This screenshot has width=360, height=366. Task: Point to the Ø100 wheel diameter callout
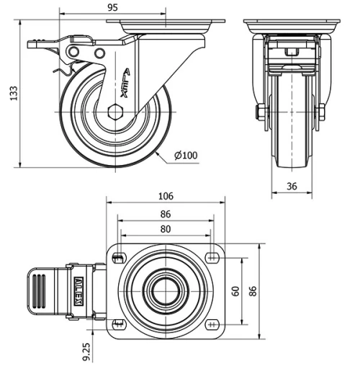186,154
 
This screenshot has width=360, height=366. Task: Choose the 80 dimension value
166,230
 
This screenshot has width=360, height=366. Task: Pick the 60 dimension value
235,290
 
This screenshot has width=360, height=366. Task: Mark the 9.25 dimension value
87,351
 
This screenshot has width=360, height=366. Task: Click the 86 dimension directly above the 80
166,214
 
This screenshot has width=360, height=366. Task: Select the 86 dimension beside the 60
252,292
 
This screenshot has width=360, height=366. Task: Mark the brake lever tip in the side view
35,45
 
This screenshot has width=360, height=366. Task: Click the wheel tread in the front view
292,130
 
